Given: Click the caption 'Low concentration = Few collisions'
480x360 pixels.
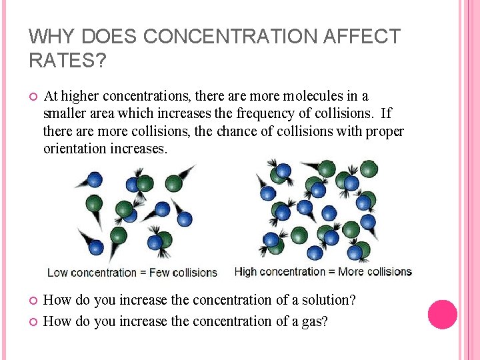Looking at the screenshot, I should point(132,273).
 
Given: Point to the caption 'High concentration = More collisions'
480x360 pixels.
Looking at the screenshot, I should point(323,272).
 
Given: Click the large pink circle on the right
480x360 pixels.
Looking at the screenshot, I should point(442,314).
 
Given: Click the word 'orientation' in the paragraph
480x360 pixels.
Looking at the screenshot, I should point(75,149).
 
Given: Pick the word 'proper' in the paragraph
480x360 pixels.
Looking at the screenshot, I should point(385,131).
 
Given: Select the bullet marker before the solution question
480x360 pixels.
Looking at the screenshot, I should point(32,301).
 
